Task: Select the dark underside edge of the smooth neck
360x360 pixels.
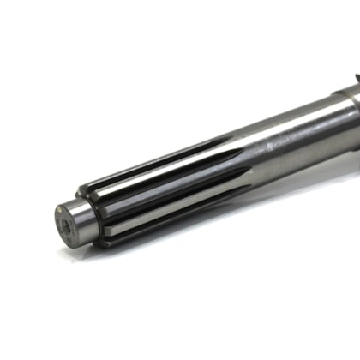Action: (x=283, y=171)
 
